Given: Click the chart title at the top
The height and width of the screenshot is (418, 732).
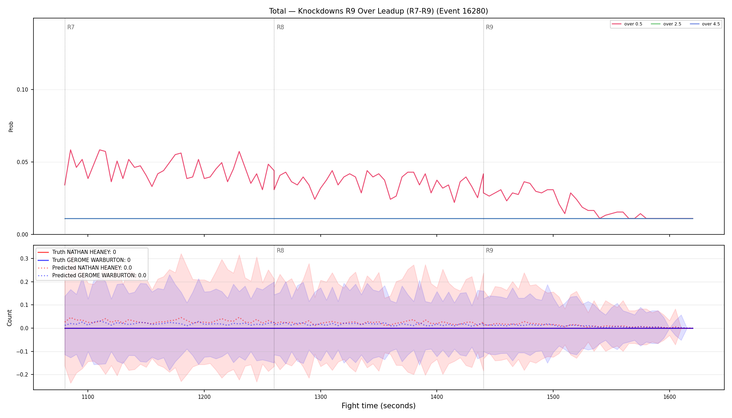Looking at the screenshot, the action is tap(379, 11).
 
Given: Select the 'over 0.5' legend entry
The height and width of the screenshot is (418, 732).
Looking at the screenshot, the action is tap(627, 24).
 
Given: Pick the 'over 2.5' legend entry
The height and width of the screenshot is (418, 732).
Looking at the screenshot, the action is tap(666, 24).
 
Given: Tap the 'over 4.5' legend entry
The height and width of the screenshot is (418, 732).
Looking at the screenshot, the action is tap(705, 24).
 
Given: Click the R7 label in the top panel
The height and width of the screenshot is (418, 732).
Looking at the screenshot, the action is tap(71, 27).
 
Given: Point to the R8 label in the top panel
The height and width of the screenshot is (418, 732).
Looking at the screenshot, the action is tap(280, 27).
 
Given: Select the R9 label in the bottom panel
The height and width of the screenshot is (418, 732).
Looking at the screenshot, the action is tap(489, 250).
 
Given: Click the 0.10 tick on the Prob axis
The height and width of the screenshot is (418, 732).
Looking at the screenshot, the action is tap(23, 90).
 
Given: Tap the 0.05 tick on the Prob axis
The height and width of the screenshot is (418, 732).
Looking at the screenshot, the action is tap(23, 162).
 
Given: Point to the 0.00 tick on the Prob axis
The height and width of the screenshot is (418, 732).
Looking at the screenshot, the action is tap(23, 235).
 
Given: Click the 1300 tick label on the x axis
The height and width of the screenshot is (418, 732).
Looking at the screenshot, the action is tap(320, 397).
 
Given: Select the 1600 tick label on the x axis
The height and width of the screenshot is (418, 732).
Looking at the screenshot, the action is tap(669, 397).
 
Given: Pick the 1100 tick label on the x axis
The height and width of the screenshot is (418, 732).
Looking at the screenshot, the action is tap(88, 397).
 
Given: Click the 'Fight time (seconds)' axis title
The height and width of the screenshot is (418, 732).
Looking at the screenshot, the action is tap(379, 406).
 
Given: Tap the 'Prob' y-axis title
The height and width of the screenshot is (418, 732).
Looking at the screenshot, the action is tap(11, 126).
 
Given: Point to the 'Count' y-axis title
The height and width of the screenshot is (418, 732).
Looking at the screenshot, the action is tap(10, 318).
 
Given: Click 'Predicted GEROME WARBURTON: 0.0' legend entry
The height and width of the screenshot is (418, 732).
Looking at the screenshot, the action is tap(92, 276).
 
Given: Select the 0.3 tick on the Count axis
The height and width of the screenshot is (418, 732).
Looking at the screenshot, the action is tap(24, 259).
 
